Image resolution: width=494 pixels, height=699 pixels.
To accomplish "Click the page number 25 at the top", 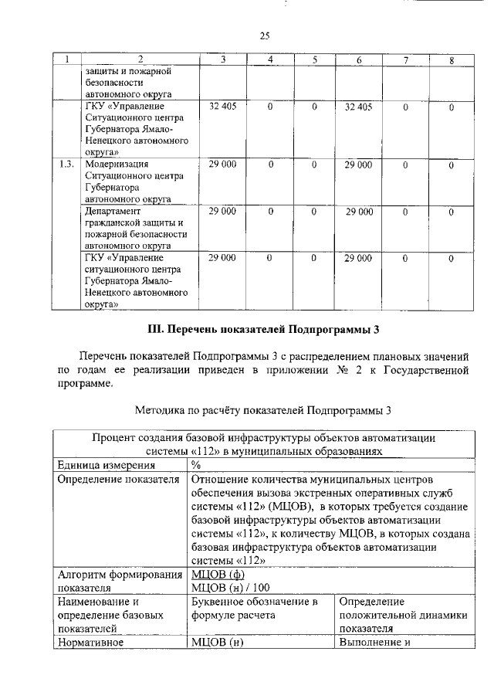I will [264, 36].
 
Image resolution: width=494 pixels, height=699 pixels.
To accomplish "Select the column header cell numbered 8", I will [451, 59].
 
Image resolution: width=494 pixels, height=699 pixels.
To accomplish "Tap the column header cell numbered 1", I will [67, 59].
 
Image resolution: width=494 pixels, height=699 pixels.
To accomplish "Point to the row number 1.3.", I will [67, 165].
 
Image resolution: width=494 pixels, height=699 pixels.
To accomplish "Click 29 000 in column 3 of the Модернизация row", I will [223, 165].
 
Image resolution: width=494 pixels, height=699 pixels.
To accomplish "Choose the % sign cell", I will [196, 465].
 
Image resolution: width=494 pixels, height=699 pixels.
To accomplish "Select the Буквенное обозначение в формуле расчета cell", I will [255, 608].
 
